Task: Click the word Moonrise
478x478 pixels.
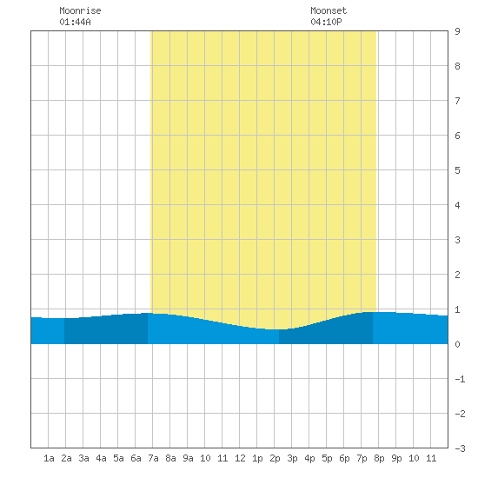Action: coord(80,10)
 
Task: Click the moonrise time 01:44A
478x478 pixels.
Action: coord(75,22)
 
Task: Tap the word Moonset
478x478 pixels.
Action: coord(329,10)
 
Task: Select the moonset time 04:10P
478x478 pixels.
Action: coord(326,22)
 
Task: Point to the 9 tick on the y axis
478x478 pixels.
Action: coord(457,31)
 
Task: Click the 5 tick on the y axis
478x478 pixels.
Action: coord(457,170)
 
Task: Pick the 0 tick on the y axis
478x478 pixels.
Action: coord(457,344)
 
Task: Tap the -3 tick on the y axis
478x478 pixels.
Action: coord(460,448)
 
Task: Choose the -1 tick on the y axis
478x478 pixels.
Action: coord(460,379)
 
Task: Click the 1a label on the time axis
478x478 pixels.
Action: coord(49,458)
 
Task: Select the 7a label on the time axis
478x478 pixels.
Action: coord(153,458)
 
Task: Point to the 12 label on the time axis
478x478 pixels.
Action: coord(240,458)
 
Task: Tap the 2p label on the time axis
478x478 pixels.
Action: coord(275,458)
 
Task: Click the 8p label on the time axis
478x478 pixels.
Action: coord(379,458)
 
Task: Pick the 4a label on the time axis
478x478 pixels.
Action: coord(101,458)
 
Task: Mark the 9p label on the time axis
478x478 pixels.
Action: coord(396,458)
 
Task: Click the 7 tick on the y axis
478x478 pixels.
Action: coord(457,101)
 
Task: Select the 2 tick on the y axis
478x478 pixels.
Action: coord(457,275)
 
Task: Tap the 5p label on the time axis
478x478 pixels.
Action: coord(327,458)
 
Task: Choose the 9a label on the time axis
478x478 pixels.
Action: coord(188,458)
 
